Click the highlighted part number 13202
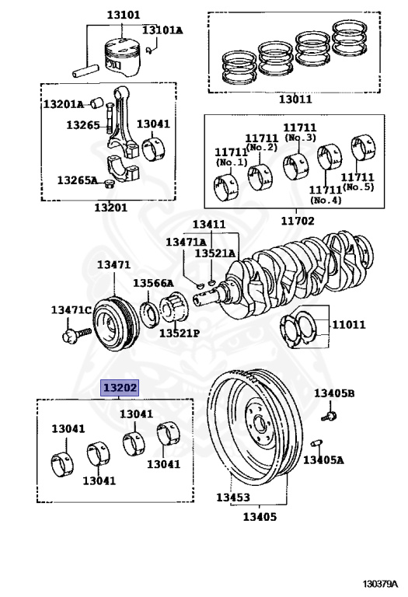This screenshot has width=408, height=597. tap(120, 387)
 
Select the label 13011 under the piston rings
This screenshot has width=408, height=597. tap(296, 99)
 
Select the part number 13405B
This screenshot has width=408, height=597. tap(333, 394)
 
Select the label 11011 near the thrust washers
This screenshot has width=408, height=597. tap(348, 324)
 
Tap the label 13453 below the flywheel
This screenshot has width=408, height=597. tap(232, 497)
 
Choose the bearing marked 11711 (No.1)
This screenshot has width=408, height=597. tap(226, 187)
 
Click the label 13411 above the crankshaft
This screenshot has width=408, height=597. tap(208, 224)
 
